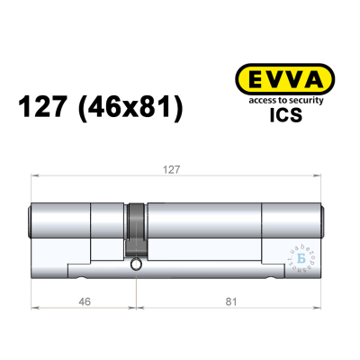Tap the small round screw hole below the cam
(135, 266)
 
